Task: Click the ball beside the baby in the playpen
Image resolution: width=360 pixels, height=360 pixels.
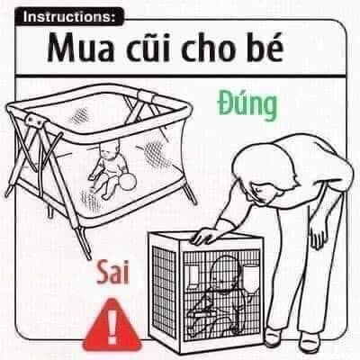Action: click(129, 182)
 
